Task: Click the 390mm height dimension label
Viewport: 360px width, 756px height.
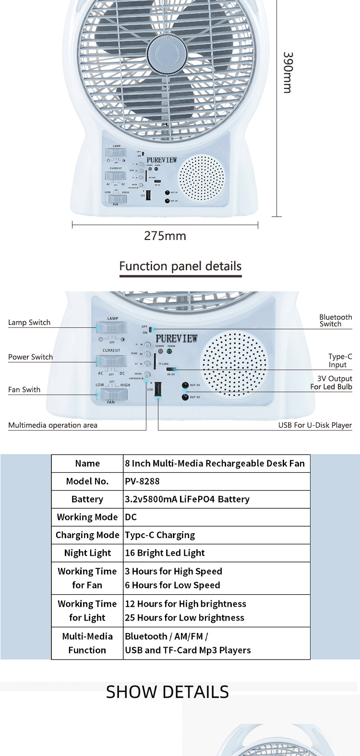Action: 287,72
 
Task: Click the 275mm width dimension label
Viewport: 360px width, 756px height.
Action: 165,236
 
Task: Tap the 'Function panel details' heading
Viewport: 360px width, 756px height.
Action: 180,266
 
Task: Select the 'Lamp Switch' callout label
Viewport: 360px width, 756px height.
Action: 29,323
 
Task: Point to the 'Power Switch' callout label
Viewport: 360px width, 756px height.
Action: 30,357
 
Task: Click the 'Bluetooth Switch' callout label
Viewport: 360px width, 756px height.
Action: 335,321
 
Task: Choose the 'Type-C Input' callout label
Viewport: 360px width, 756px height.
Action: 340,360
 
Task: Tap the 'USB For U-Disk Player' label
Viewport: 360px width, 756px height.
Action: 315,425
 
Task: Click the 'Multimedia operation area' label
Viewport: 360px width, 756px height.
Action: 53,425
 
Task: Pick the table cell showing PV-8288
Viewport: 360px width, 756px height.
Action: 142,481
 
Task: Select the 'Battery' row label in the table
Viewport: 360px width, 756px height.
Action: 87,499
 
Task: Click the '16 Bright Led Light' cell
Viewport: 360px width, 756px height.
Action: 165,553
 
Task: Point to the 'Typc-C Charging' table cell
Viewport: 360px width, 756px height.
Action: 160,535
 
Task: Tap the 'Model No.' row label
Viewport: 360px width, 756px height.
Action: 87,481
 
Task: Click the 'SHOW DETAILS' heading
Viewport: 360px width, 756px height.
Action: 167,692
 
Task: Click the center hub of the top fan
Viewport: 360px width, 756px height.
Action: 167,53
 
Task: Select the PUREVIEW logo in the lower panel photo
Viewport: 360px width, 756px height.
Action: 176,338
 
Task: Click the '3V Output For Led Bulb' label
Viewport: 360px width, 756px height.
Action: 331,383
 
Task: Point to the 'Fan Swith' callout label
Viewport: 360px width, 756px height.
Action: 24,390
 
